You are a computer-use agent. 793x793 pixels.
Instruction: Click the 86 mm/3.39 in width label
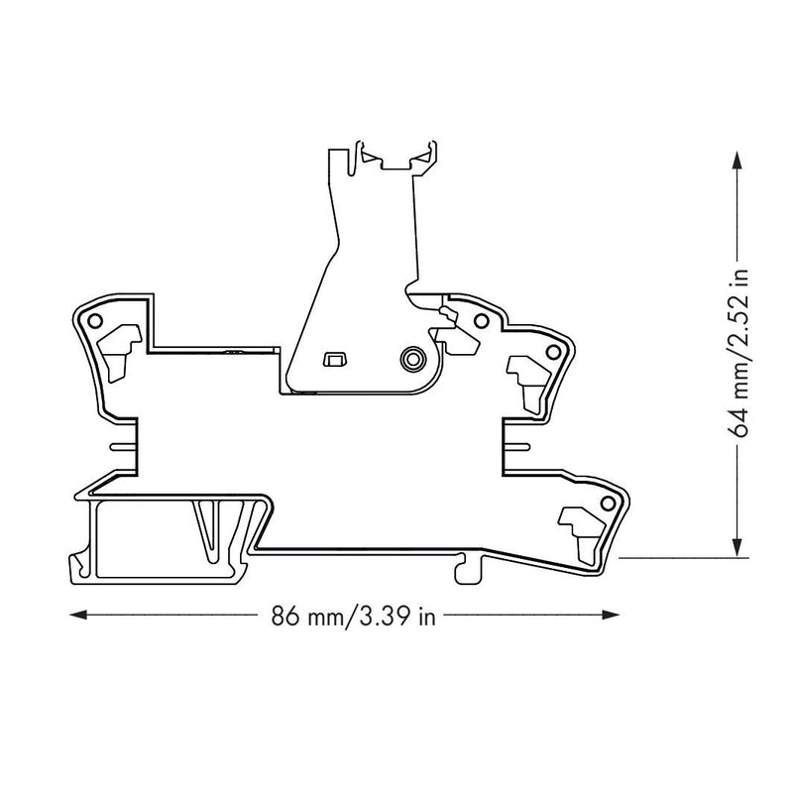coord(353,616)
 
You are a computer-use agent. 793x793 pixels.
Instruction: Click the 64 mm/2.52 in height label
coord(737,353)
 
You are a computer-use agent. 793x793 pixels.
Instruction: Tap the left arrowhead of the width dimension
coord(77,615)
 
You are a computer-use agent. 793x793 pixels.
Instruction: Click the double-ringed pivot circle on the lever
coord(412,359)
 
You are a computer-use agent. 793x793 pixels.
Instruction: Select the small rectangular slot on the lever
coord(333,359)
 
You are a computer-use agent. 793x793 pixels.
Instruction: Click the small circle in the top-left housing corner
coord(95,320)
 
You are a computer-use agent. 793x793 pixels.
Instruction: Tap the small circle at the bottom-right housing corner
coord(608,504)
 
